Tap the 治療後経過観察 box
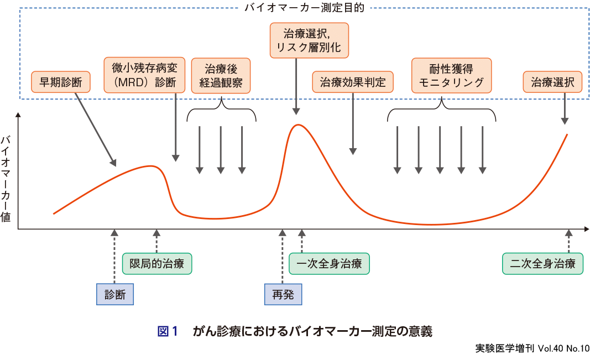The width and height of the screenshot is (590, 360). [221, 76]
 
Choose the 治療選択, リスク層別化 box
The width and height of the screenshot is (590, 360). [309, 40]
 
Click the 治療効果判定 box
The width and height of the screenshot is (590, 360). [353, 83]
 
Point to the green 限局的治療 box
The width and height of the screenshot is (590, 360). [157, 263]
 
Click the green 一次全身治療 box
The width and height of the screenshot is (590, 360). [329, 263]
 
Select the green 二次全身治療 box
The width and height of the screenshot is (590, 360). [542, 263]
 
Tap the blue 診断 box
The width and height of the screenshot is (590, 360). [115, 294]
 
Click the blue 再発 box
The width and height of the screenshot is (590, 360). [283, 294]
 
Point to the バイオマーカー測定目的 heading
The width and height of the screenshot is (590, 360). [304, 8]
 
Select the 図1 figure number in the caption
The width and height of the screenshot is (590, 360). [167, 331]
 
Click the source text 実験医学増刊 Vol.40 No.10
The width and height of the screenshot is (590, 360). [532, 348]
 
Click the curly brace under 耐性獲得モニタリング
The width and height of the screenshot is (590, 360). [441, 111]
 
